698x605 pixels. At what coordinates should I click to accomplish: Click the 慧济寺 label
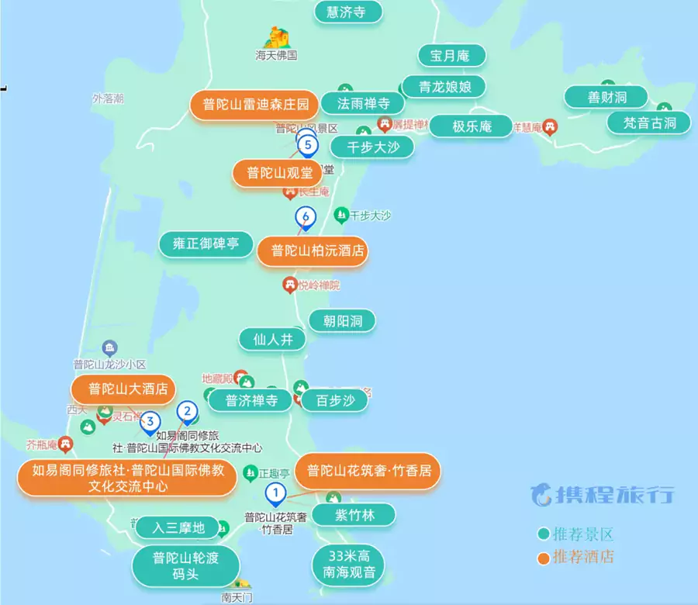350,12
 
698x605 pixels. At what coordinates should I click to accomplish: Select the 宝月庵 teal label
452,56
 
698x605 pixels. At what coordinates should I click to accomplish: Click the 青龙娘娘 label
446,86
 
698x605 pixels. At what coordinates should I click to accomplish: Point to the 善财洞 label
606,97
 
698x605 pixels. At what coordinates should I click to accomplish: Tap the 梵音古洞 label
650,123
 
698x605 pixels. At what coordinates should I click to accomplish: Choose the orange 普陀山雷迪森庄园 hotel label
256,104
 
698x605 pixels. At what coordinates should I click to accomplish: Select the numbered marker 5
308,144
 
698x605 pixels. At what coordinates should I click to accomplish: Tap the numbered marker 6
306,216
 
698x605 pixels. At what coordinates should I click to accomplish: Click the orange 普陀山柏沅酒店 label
312,251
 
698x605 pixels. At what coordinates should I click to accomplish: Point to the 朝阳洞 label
342,320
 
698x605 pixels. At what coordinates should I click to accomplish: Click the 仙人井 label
273,339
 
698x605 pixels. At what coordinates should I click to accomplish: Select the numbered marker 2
186,412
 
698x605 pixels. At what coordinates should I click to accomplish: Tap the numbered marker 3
150,421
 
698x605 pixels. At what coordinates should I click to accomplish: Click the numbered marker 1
275,492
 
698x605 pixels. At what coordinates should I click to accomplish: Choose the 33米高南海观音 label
347,565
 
